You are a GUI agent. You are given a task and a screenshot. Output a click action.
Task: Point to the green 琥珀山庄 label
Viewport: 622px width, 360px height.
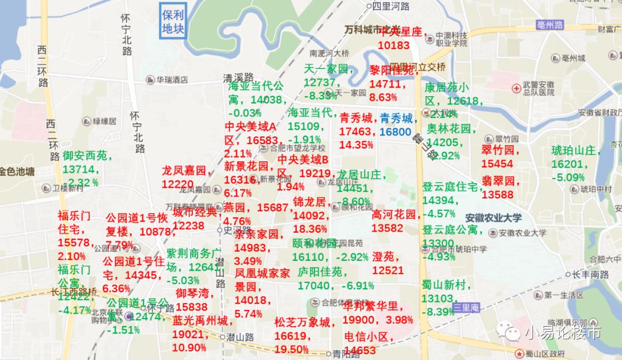tap(576, 151)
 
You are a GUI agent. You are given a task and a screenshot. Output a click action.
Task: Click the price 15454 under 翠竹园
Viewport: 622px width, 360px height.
tap(496, 164)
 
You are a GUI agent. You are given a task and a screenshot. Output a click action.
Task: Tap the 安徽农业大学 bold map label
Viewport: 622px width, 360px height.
tap(494, 218)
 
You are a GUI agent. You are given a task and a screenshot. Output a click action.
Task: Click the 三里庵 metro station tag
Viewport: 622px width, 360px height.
tap(466, 308)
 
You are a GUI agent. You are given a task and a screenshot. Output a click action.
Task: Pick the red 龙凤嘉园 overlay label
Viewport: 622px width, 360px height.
tap(184, 171)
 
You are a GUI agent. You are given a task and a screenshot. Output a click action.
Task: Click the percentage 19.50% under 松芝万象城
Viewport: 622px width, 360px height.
tap(291, 350)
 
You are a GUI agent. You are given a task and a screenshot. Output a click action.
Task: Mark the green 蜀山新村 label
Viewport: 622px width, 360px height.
tap(446, 285)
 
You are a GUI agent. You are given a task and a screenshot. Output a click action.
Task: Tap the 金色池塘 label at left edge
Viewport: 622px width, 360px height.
tap(17, 171)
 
